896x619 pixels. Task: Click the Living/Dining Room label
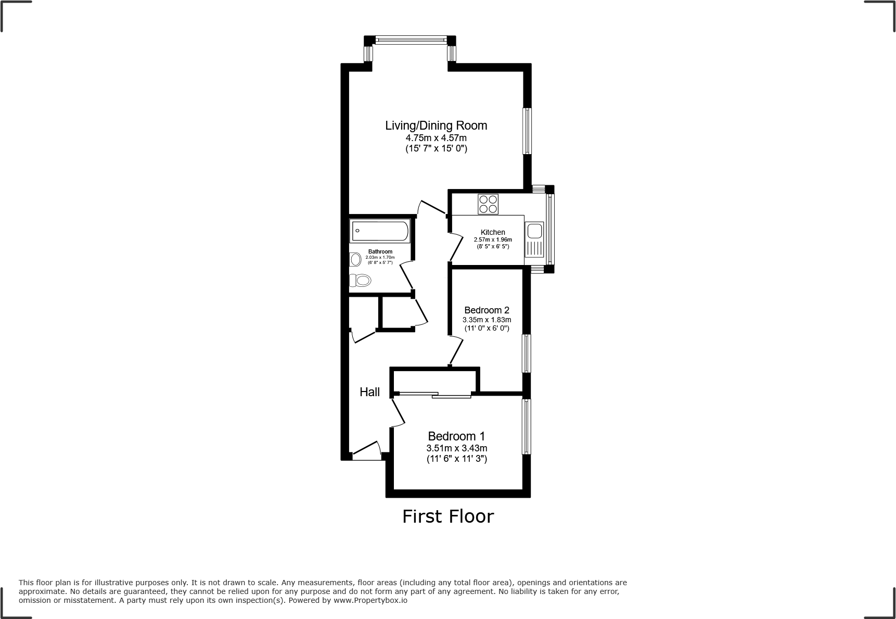436,125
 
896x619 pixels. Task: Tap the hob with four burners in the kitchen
488,204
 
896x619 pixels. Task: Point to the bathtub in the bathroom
380,231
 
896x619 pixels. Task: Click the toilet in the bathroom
361,281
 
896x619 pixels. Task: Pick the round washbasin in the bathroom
356,259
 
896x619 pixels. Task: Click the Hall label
370,392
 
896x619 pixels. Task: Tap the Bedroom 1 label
456,436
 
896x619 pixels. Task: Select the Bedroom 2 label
487,310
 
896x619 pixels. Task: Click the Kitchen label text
492,232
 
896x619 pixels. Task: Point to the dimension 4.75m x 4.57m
436,138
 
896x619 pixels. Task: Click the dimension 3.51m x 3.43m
456,448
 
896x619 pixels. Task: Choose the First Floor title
447,516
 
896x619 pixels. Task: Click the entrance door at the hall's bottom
366,451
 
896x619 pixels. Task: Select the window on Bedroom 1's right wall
527,427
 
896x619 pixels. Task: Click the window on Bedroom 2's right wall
527,353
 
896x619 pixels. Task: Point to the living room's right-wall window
527,131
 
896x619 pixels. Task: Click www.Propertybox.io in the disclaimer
370,600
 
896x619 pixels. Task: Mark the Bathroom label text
380,251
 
